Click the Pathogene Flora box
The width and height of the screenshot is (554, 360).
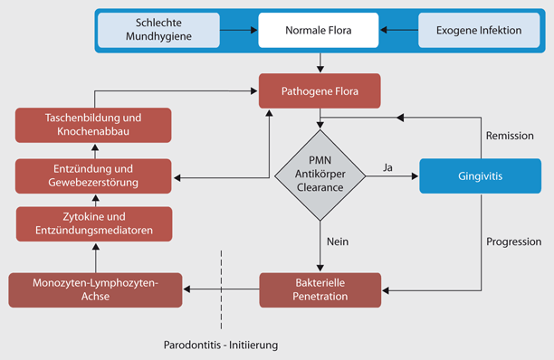click(320, 90)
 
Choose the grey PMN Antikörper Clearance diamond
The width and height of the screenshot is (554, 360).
click(320, 174)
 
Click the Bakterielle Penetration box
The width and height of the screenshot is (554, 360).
click(320, 289)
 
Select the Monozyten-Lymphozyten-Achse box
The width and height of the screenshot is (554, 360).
click(95, 289)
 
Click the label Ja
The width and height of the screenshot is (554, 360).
click(387, 166)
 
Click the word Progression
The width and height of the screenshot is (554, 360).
click(513, 242)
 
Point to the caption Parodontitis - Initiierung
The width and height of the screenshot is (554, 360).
click(221, 346)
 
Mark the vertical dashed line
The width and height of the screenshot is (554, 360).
click(220, 289)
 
